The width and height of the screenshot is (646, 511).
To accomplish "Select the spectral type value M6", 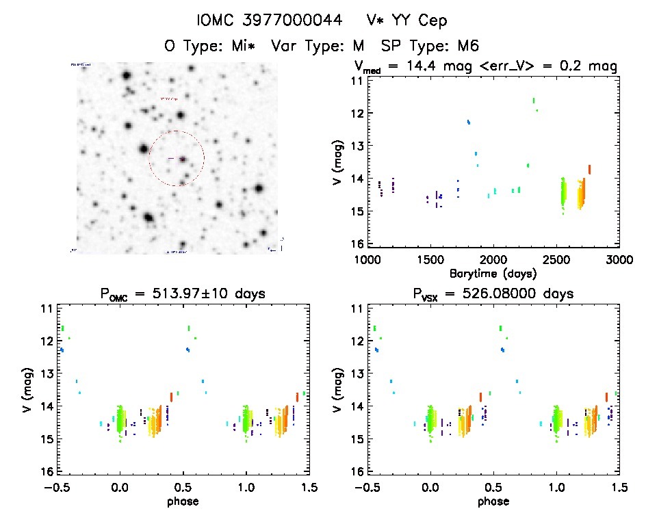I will (467, 46).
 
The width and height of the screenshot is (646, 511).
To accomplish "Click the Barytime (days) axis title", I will (493, 272).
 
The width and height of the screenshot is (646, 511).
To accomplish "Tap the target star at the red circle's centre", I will (183, 159).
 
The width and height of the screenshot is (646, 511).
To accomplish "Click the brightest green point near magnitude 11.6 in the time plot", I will (533, 101).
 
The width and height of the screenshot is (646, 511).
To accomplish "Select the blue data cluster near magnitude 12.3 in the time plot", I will (469, 122).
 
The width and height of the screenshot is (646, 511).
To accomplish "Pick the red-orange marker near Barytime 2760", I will (589, 169).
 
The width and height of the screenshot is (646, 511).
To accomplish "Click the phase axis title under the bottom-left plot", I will (183, 501).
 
